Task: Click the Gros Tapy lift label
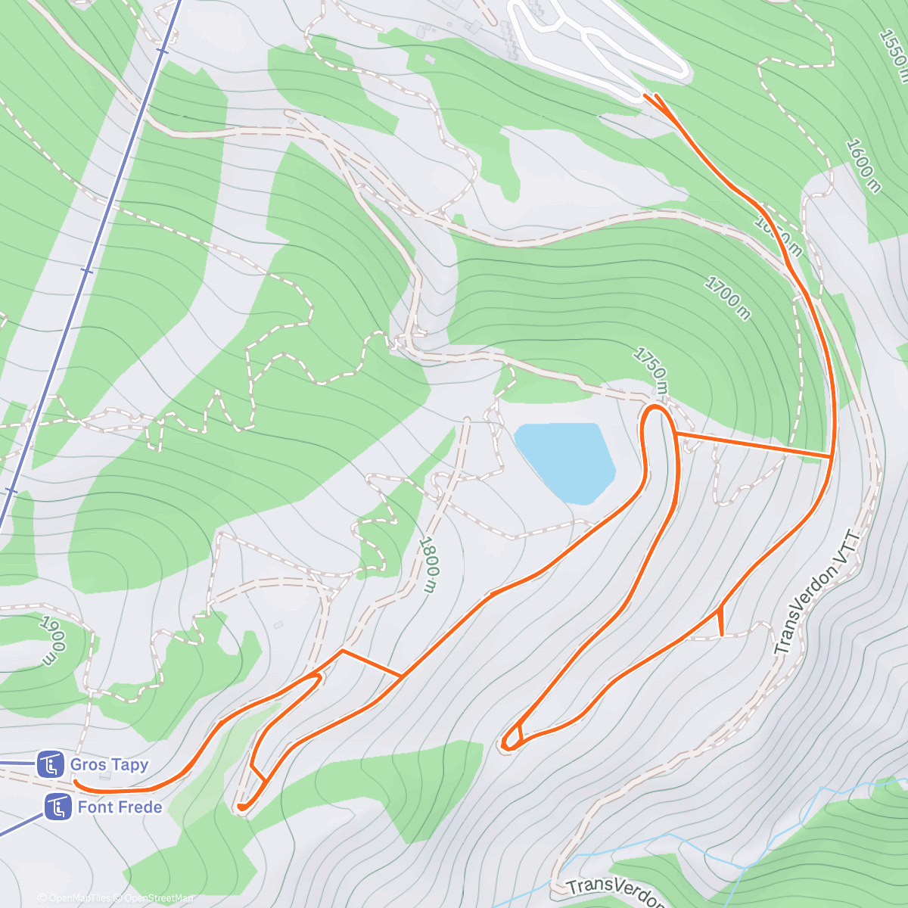[x=109, y=764]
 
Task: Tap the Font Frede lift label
[x=120, y=807]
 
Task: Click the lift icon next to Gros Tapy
[x=51, y=764]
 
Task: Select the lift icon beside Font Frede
[x=58, y=807]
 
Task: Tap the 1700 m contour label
[x=728, y=298]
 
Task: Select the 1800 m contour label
[x=428, y=564]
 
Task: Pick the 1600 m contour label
[x=863, y=166]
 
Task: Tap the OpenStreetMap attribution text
[x=158, y=899]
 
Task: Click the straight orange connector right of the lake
[x=753, y=444]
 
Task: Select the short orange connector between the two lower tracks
[x=372, y=663]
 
